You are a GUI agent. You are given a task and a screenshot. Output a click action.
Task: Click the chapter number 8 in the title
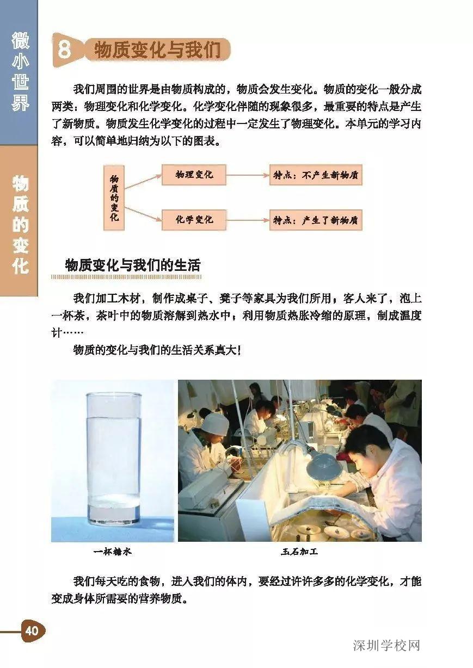click(64, 50)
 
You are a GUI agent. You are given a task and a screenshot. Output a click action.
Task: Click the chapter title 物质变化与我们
click(157, 50)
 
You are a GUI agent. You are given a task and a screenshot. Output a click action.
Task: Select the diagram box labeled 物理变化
click(194, 175)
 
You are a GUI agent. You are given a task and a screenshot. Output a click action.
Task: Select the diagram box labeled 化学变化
click(194, 220)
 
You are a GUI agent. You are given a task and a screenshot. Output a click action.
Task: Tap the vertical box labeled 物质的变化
click(114, 197)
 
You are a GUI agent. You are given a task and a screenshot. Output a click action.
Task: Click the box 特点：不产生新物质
click(315, 175)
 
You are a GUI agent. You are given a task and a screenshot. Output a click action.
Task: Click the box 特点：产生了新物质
click(315, 220)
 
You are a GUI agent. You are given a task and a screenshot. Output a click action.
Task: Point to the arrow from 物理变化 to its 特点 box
click(247, 175)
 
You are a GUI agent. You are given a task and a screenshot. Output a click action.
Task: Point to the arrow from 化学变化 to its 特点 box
click(247, 220)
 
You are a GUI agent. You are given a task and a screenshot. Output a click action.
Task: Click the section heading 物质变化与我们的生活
click(132, 265)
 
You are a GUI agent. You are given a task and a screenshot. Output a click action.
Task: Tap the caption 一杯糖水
click(112, 552)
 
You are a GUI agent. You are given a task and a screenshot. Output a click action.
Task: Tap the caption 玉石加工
click(299, 552)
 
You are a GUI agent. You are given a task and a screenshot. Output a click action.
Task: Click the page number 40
click(32, 630)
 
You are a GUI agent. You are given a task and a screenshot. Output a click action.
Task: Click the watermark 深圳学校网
click(386, 646)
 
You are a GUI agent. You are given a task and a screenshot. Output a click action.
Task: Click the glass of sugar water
click(113, 457)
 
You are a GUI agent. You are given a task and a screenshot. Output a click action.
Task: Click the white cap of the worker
click(215, 418)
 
